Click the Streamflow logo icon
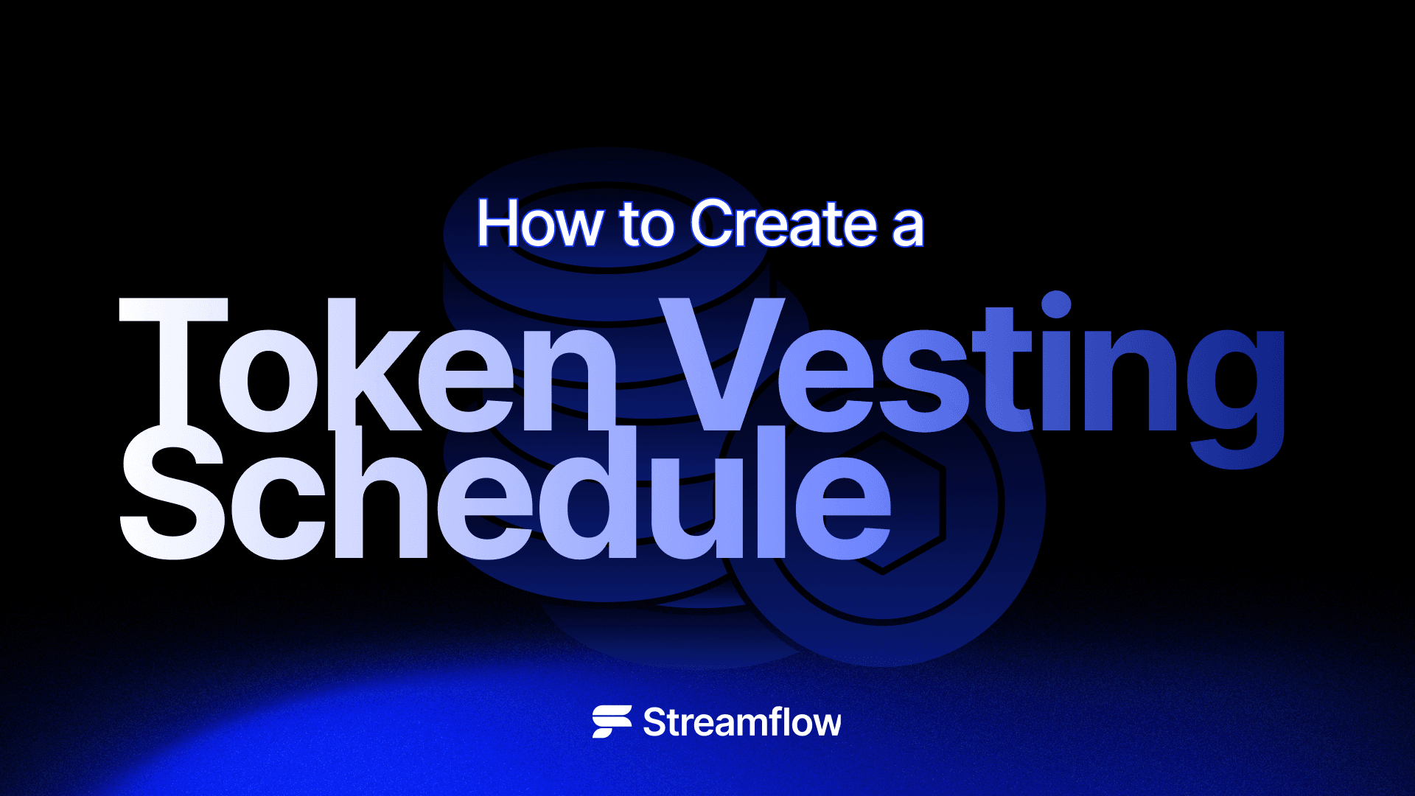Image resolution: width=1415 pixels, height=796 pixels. pyautogui.click(x=612, y=722)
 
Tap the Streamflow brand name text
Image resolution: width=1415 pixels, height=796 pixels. pyautogui.click(x=741, y=722)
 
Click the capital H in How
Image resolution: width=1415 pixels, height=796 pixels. pyautogui.click(x=497, y=223)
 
